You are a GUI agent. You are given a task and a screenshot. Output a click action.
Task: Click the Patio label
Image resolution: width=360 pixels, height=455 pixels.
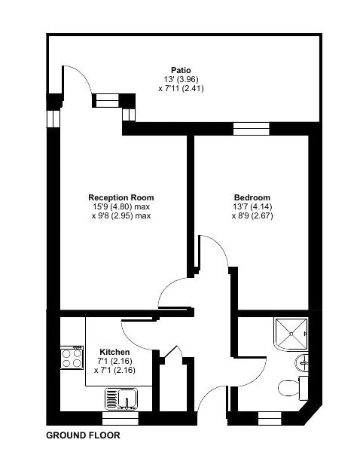(181, 70)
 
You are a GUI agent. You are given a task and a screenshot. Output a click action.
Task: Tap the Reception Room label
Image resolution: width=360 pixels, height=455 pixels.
(121, 197)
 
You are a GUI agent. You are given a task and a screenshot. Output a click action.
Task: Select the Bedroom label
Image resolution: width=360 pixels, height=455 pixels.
(252, 197)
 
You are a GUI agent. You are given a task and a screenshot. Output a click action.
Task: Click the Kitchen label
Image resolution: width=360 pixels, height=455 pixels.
(114, 353)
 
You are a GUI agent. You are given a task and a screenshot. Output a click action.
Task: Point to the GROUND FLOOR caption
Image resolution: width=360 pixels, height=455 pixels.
(83, 435)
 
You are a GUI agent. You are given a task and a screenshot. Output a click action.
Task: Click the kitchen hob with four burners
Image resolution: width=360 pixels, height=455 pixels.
(72, 358)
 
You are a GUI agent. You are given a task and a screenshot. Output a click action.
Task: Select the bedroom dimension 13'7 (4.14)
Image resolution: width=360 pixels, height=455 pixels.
(252, 206)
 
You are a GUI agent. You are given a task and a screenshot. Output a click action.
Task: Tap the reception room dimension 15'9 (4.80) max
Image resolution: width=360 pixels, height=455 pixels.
(121, 206)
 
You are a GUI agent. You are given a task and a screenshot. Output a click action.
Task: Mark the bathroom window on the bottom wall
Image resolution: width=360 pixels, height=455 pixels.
(270, 415)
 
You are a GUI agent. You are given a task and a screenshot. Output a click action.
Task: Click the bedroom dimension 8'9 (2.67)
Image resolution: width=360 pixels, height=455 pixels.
(252, 215)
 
